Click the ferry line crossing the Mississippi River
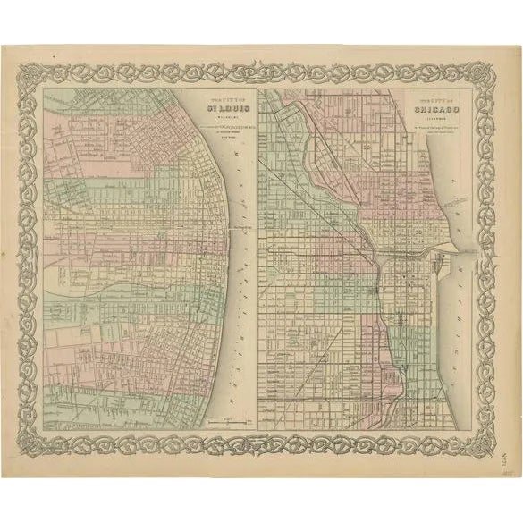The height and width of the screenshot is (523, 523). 236,230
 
